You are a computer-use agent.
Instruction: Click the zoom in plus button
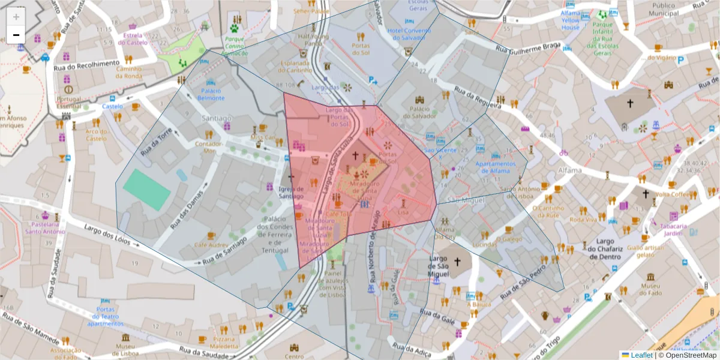[x=16, y=17]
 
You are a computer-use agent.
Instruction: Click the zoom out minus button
[x=16, y=35]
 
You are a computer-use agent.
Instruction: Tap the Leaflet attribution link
[x=641, y=355]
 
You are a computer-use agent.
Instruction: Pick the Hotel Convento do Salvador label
[x=410, y=34]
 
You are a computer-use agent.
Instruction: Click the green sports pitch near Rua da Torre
[x=147, y=189]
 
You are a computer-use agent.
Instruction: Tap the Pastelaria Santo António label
[x=45, y=228]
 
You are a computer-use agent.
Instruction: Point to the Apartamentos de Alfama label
[x=495, y=167]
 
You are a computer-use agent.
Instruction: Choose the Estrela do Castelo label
[x=135, y=39]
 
